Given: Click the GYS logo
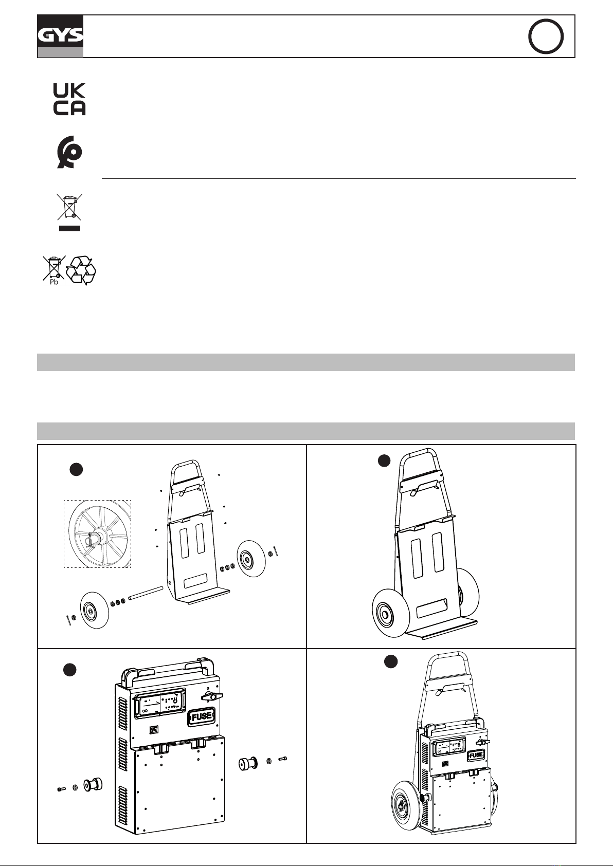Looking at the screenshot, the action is tap(60, 36).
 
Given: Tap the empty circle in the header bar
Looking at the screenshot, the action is tap(546, 36).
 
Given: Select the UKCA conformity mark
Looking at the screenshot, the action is tap(69, 99).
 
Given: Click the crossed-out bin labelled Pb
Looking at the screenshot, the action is tap(53, 268).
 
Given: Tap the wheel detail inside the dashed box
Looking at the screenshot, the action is tap(97, 534).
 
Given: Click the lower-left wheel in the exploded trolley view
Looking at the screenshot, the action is tap(95, 610).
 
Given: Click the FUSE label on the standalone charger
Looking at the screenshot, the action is tap(202, 716).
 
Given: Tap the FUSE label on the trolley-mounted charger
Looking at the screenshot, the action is tap(476, 755).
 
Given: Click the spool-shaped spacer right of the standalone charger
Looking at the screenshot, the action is tap(248, 763).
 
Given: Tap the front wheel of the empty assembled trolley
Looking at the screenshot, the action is tap(390, 614).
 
